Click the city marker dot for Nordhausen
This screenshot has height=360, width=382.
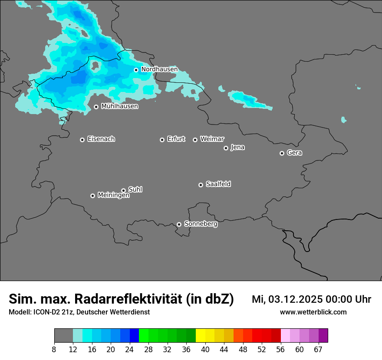136,70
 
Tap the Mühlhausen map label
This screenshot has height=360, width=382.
119,106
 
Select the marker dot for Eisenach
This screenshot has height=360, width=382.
82,140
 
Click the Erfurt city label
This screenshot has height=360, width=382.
176,139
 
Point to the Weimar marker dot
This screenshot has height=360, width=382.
195,140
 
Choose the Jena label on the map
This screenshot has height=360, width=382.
237,147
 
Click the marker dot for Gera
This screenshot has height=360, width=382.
282,153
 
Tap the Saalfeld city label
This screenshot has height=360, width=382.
218,184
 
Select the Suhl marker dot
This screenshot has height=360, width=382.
123,190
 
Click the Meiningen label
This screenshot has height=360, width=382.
113,196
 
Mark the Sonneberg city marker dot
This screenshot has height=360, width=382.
179,224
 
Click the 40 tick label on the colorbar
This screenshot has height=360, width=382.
205,350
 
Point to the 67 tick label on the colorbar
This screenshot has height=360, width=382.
318,350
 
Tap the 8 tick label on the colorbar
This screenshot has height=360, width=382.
54,350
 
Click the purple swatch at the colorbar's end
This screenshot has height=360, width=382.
323,336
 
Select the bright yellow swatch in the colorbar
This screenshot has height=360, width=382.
201,336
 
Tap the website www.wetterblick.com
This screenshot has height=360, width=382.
313,312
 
